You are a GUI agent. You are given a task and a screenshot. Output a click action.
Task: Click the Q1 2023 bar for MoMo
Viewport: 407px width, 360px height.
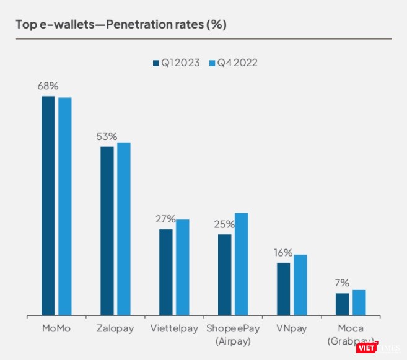coord(48,206)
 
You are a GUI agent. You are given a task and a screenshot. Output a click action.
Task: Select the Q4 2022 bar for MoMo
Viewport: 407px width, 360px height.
coord(64,206)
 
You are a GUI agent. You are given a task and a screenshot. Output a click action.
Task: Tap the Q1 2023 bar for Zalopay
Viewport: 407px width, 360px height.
coord(107,231)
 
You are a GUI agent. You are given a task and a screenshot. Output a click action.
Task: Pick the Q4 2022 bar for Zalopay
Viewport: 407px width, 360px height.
coord(124,229)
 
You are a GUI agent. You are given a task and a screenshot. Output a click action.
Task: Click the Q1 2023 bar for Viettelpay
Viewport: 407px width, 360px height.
coord(165,272)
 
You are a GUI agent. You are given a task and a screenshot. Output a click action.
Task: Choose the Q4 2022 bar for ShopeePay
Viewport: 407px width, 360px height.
coord(241,264)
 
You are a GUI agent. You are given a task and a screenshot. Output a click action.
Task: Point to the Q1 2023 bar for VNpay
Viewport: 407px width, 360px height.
coord(283,289)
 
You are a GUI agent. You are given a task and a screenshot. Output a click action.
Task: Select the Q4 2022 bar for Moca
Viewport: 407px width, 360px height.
coord(359,302)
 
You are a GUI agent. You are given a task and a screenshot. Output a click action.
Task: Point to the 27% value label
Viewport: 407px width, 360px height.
coord(165,219)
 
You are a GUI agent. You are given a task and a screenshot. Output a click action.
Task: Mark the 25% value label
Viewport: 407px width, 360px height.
coord(224,224)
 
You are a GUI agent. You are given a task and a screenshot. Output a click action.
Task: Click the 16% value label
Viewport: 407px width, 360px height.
coord(283,253)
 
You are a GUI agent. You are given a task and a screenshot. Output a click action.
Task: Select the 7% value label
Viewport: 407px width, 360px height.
coord(342,283)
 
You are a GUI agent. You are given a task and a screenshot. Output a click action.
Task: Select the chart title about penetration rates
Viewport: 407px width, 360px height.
coord(121,25)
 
